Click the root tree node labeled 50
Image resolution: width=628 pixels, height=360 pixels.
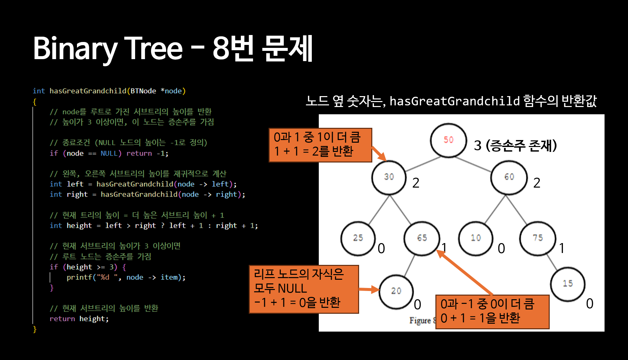448,140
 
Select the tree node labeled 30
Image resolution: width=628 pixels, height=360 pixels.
389,177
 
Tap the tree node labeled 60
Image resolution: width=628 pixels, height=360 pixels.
509,177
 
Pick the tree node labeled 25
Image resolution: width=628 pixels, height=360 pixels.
358,238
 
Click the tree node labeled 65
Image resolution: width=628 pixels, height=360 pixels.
422,238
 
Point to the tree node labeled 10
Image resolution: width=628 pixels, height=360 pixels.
476,238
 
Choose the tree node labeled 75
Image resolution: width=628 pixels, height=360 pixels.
537,238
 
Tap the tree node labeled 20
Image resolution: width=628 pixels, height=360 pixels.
396,291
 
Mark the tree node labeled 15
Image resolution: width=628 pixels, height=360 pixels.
568,283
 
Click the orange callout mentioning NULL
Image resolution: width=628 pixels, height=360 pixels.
304,289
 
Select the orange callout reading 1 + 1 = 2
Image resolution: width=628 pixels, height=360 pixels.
320,145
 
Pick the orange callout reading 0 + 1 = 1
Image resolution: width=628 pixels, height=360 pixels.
492,311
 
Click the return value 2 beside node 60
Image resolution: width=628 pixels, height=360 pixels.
537,183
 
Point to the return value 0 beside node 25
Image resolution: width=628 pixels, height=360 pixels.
381,248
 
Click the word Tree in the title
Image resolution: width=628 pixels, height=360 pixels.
153,49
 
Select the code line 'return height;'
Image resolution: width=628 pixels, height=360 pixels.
79,319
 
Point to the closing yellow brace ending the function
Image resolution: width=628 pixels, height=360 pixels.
35,329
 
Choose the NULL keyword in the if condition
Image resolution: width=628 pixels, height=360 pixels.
109,153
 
